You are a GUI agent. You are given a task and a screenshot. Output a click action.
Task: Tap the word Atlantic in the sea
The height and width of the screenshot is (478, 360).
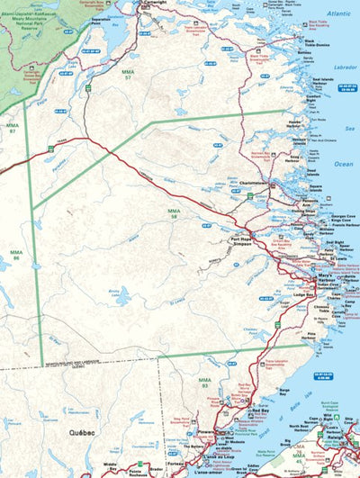[x=339, y=14]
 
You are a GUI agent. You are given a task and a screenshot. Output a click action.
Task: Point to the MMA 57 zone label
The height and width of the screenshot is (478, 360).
[x=128, y=76]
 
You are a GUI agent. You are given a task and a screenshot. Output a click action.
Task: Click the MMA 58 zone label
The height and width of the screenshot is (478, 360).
[x=174, y=213]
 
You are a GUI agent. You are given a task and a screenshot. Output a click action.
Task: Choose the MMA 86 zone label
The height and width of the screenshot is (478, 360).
[x=16, y=255]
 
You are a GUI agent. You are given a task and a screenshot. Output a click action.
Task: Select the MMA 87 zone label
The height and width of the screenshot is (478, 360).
[x=13, y=129]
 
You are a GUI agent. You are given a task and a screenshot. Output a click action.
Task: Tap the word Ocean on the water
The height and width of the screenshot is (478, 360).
[x=343, y=164]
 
